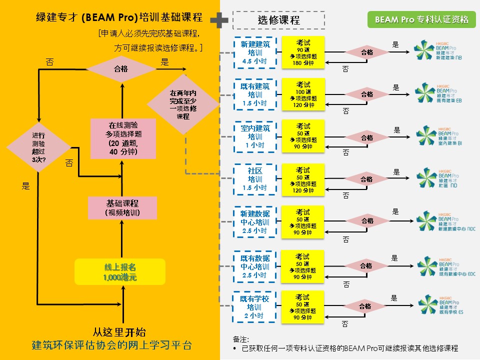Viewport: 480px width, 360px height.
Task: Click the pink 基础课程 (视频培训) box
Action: pos(122,208)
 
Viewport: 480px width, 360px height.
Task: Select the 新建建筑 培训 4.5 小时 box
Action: pos(255,52)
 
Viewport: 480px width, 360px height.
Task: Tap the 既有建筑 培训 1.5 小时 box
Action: pos(255,94)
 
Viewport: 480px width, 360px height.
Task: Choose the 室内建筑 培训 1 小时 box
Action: pos(255,136)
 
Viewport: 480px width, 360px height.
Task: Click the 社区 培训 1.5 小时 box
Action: pos(255,179)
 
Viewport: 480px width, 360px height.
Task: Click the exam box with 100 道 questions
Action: pos(303,94)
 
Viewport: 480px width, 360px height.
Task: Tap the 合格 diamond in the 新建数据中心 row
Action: pos(367,221)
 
